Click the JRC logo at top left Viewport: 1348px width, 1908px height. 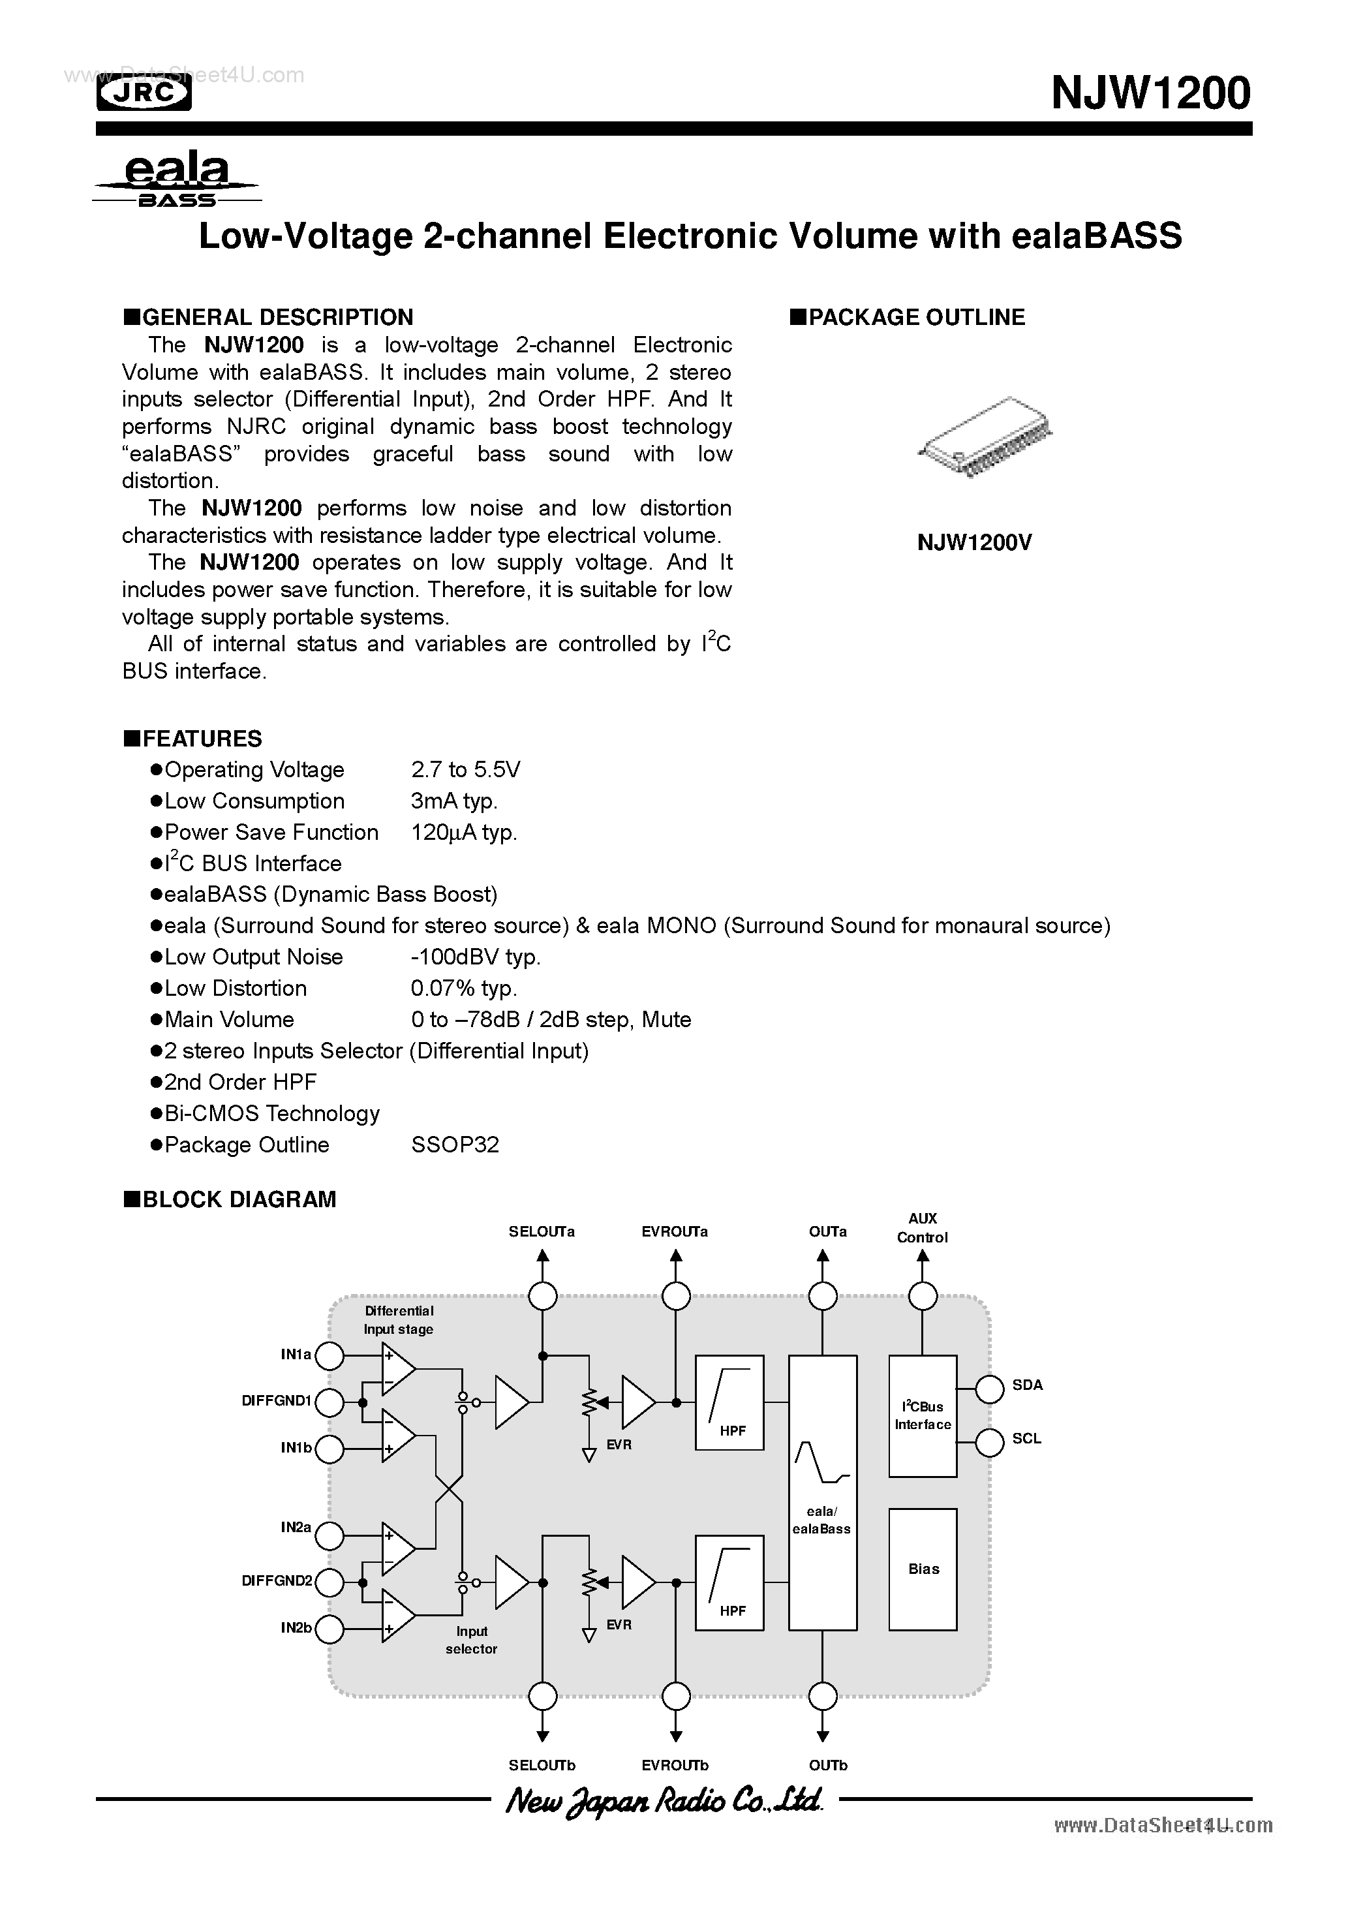click(144, 94)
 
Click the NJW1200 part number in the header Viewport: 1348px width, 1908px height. click(1150, 93)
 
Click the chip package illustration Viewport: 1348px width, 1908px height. click(984, 437)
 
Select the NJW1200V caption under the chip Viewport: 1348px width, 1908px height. click(974, 543)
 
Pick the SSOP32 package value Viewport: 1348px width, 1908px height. click(455, 1145)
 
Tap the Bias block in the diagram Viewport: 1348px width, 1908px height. click(923, 1569)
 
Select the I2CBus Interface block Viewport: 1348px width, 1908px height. click(923, 1415)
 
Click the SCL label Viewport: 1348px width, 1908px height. click(1026, 1438)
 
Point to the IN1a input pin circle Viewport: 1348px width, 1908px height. click(330, 1356)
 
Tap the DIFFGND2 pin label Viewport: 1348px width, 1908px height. click(277, 1580)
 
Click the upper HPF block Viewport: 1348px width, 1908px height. click(729, 1403)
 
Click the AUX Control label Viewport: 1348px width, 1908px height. click(922, 1227)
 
